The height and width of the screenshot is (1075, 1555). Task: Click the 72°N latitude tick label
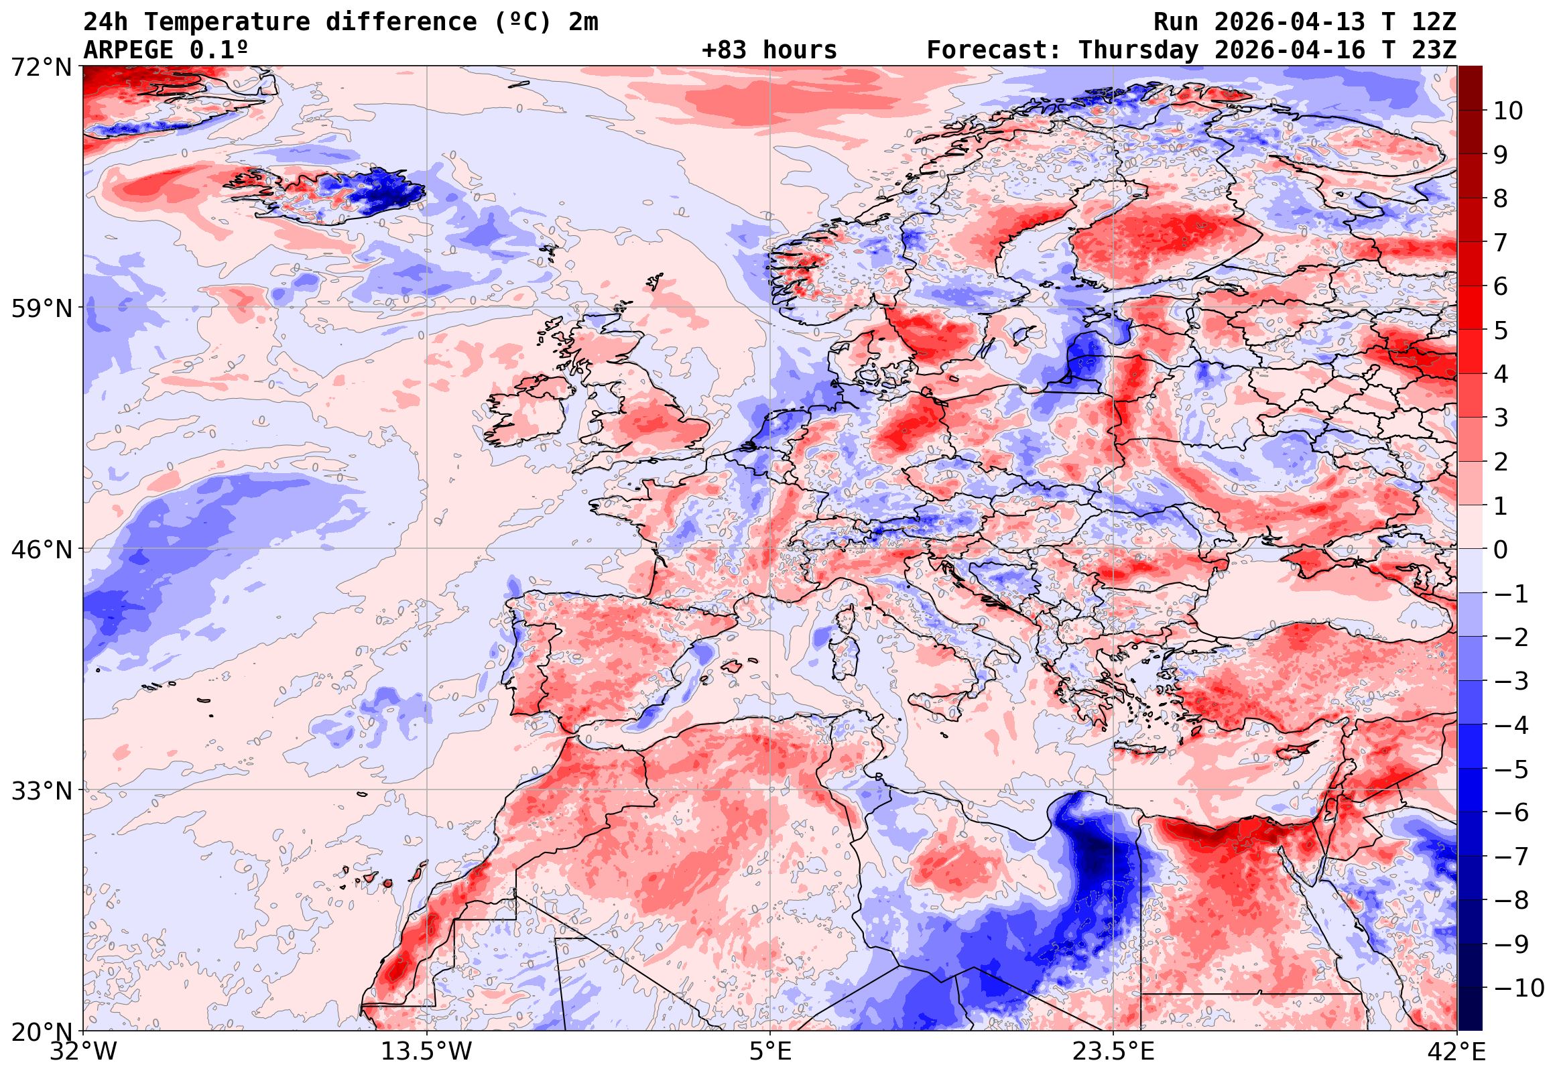41,68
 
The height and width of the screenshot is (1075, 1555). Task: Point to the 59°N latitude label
41,308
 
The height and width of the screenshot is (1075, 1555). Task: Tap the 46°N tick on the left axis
41,550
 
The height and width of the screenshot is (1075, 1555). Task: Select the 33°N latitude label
41,790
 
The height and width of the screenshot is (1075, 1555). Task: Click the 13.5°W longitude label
427,1052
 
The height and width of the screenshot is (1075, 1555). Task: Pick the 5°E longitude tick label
770,1052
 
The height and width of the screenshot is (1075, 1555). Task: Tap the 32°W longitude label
84,1052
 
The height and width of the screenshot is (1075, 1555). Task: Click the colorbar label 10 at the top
1508,111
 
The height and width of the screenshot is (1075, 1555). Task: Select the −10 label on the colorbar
1519,988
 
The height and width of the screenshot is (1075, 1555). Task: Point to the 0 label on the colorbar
1501,550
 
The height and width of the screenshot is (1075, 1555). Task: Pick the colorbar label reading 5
1501,330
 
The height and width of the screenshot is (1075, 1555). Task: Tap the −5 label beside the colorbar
1511,769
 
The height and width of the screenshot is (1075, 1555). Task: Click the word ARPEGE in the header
129,50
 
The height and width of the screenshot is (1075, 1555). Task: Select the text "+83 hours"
769,50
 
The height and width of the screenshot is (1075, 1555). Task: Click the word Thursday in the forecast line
1139,50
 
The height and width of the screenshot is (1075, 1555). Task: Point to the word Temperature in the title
227,22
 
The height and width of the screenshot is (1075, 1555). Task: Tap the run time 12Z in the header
1434,22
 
